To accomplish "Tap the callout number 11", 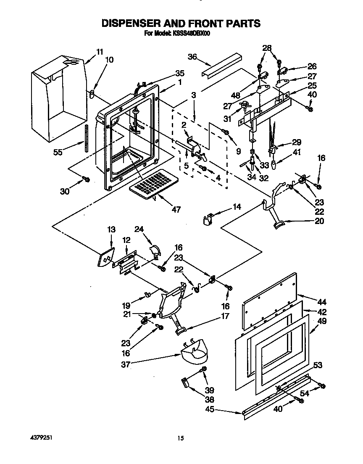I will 99,52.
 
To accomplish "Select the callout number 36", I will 192,57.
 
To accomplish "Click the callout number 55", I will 58,153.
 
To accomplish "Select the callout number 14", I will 237,207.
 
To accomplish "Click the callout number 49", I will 322,322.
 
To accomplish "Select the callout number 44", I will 322,302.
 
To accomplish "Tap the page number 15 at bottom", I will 180,438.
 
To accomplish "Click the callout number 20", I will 319,221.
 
